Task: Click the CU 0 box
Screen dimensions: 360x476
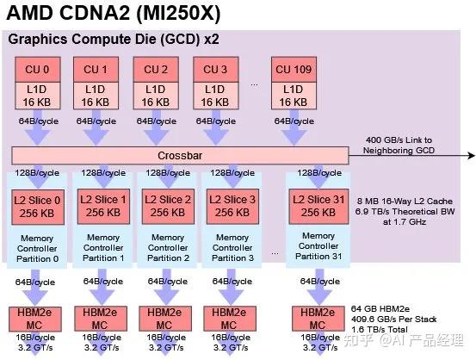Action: tap(34, 68)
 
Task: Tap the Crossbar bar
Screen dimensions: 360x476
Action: tap(179, 155)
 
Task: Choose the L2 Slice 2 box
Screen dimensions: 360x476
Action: tap(167, 204)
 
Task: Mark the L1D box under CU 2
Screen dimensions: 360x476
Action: tap(155, 96)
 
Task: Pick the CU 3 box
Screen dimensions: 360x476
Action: tap(215, 68)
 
